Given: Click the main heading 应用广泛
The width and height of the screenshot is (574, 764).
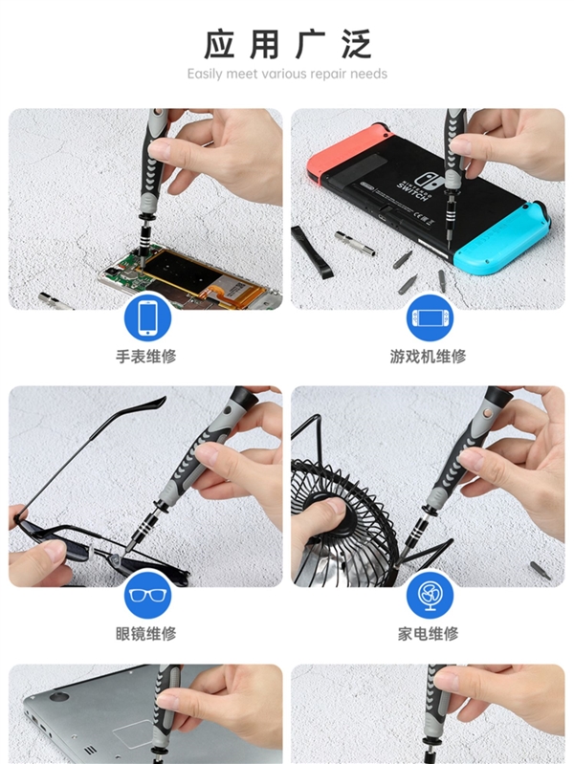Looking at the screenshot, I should (x=287, y=44).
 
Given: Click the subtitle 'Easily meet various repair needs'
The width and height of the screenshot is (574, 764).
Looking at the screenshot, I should (x=287, y=74).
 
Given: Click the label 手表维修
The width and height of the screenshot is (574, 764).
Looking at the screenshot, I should (x=146, y=357).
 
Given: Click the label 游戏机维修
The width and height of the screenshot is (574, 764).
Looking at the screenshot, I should (x=429, y=357).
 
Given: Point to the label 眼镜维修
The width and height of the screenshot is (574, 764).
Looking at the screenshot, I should (x=146, y=633).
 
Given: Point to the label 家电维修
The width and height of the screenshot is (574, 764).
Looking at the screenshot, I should (x=429, y=633).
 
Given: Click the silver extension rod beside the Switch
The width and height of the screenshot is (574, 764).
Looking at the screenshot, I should (x=355, y=241).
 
